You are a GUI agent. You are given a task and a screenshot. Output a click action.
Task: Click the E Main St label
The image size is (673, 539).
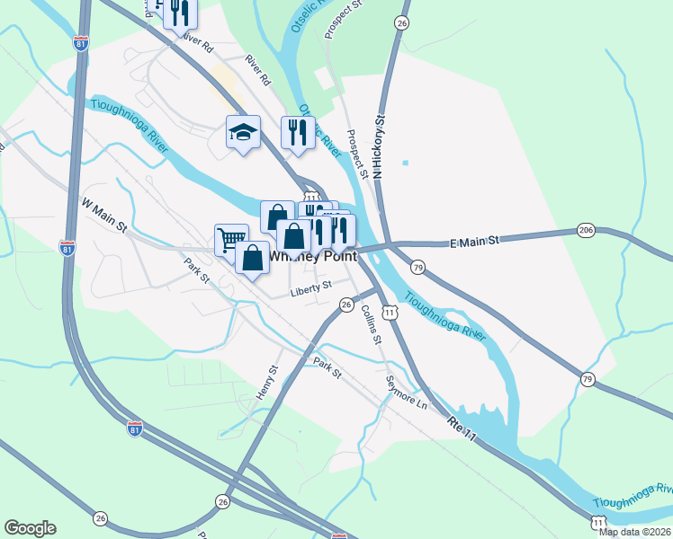[473, 242]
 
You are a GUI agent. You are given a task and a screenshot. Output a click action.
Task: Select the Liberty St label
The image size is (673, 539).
[310, 289]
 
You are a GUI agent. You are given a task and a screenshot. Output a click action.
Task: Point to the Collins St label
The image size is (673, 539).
[372, 323]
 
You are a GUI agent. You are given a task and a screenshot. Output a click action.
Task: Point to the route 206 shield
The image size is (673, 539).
[586, 231]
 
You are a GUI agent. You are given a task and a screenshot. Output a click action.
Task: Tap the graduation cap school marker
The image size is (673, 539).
[243, 132]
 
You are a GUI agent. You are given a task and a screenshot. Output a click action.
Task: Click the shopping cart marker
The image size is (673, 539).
[231, 239]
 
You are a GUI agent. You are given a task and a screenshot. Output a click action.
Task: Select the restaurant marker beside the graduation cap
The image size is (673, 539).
[297, 133]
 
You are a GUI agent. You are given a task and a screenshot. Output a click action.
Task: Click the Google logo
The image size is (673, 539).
[30, 528]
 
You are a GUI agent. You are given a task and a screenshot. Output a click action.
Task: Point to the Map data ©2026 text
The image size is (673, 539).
[635, 532]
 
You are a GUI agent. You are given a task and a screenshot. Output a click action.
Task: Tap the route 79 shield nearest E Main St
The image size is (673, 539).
[417, 268]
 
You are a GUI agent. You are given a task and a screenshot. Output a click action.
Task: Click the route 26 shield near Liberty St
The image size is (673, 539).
[346, 305]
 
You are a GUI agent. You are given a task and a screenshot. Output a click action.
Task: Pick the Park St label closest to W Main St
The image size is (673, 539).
[196, 272]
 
